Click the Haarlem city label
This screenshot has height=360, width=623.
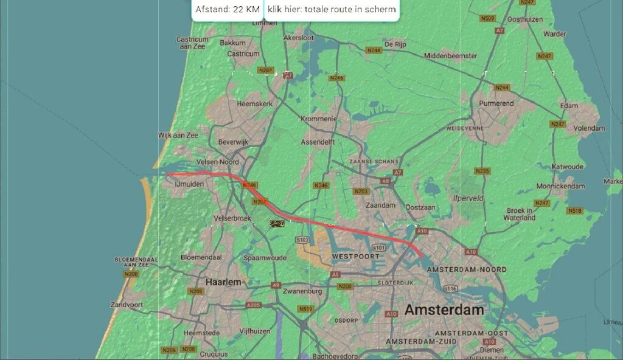pyautogui.click(x=223, y=282)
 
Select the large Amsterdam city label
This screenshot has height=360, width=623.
pyautogui.click(x=444, y=310)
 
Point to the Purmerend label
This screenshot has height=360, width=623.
pyautogui.click(x=496, y=103)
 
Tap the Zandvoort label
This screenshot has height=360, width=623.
pyautogui.click(x=127, y=305)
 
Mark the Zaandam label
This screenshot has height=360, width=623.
pyautogui.click(x=380, y=206)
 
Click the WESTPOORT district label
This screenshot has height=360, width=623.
pyautogui.click(x=352, y=258)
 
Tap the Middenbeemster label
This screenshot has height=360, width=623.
pyautogui.click(x=450, y=55)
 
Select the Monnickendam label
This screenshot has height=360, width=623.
pyautogui.click(x=560, y=186)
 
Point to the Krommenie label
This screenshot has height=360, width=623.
pyautogui.click(x=318, y=119)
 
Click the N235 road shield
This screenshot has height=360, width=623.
pyautogui.click(x=482, y=171)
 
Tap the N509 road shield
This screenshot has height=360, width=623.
pyautogui.click(x=487, y=19)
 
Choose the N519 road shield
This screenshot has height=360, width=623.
pyautogui.click(x=305, y=310)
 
